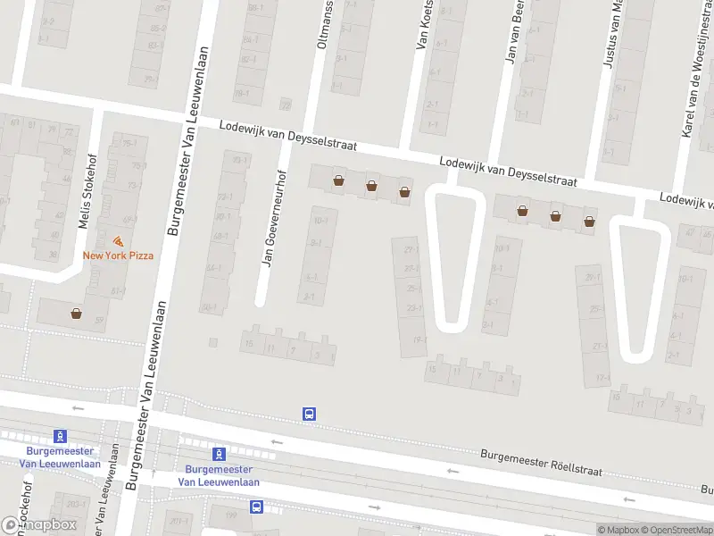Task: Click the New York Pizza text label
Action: point(118,255)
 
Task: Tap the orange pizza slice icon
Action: point(118,241)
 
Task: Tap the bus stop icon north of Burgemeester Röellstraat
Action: point(310,414)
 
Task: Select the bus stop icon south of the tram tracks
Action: point(257,507)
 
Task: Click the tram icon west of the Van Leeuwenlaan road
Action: point(60,436)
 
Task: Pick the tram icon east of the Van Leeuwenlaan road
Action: point(220,454)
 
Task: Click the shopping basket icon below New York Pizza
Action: point(77,314)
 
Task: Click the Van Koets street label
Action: point(425,25)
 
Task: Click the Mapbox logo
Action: point(39,525)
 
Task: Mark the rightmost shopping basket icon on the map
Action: point(589,221)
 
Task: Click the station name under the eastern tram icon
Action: point(220,476)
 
